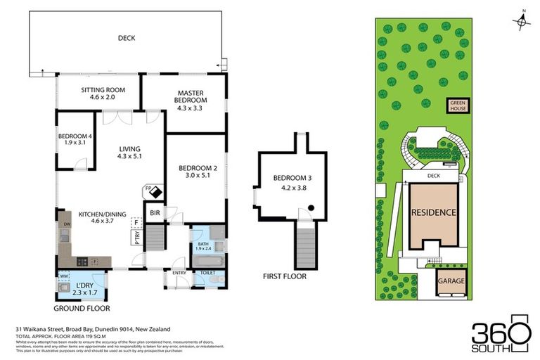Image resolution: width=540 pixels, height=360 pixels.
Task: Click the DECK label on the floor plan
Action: click(x=127, y=38)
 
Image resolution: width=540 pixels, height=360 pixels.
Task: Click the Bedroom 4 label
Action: click(x=75, y=136)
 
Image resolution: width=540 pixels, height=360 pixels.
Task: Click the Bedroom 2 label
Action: click(x=197, y=168)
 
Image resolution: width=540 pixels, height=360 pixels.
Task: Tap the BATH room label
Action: click(x=202, y=243)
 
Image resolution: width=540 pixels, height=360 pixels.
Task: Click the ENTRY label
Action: click(x=179, y=271)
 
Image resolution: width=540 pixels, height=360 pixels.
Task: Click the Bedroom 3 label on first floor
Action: click(x=290, y=178)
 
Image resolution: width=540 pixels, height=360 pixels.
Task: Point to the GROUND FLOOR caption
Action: click(x=83, y=308)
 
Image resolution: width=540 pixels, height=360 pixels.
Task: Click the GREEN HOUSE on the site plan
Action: click(x=458, y=105)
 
